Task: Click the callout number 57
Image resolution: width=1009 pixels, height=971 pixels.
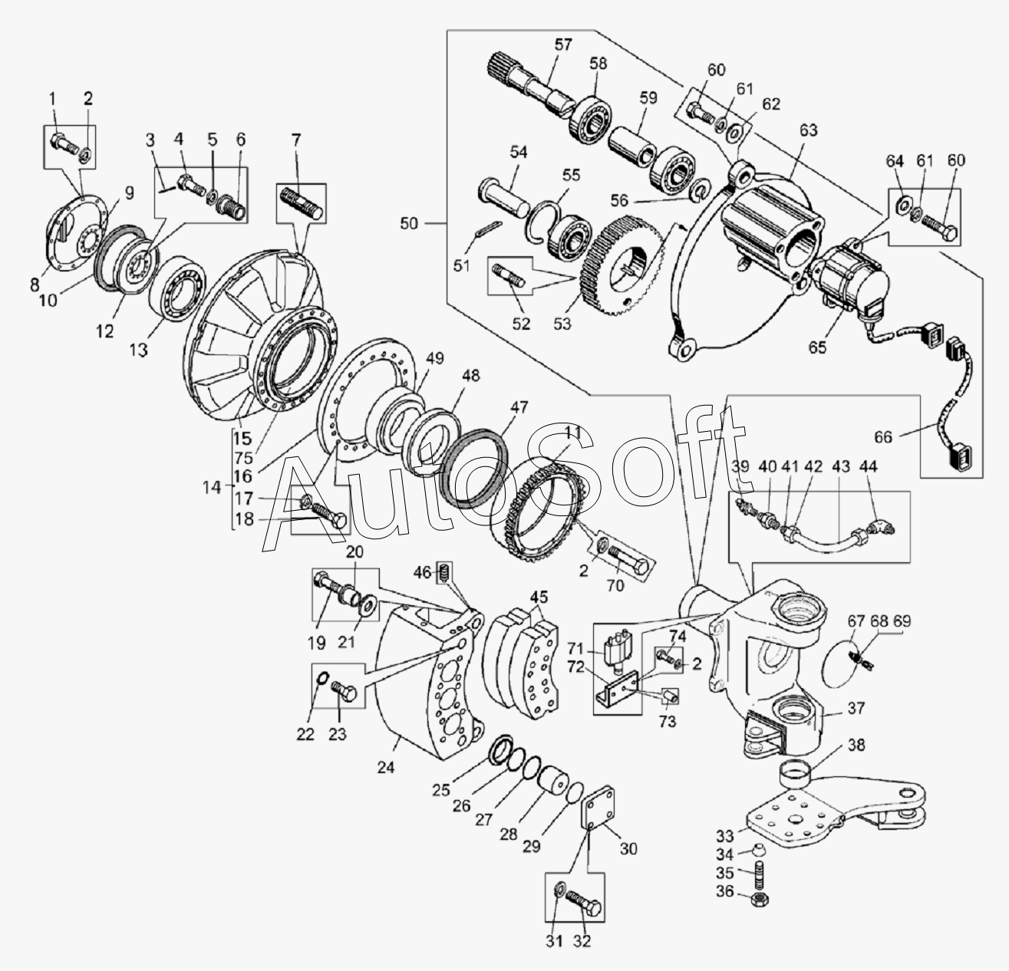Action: (x=563, y=44)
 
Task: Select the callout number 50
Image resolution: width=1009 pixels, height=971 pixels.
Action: (x=409, y=223)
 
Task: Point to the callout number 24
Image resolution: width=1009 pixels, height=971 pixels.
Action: (x=386, y=766)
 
